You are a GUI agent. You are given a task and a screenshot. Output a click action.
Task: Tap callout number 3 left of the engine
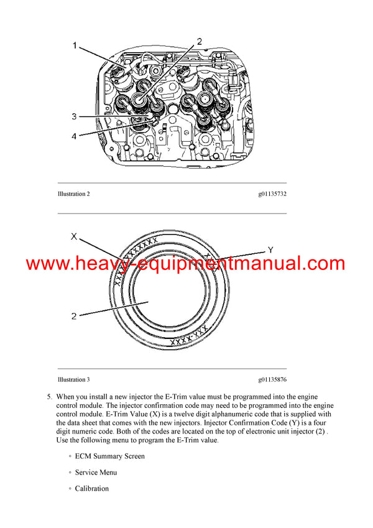point(73,116)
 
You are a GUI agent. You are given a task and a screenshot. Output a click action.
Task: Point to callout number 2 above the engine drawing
point(200,42)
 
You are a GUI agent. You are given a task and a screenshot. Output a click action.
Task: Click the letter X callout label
point(73,236)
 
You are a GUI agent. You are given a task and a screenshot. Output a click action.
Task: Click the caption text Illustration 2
point(73,194)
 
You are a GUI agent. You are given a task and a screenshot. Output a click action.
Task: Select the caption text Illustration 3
point(73,379)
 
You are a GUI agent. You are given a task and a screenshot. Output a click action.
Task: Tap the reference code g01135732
point(272,194)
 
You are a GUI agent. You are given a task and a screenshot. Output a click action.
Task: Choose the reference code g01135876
point(272,379)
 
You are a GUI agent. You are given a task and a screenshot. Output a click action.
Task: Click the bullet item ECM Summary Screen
point(109,456)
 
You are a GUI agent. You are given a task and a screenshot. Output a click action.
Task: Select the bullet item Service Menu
point(96,472)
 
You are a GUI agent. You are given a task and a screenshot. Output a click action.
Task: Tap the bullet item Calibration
point(91,488)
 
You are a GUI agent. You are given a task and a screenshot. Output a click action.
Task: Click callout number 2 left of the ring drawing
point(73,316)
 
